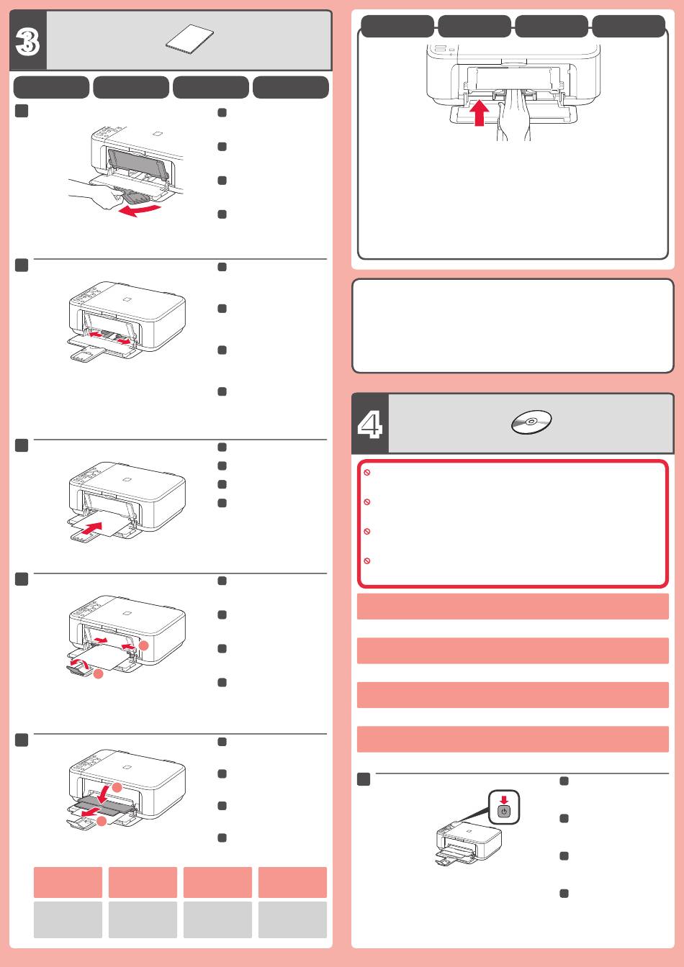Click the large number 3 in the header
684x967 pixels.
[x=27, y=42]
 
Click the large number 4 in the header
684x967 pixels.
[x=370, y=424]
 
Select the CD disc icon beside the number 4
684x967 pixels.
[x=531, y=422]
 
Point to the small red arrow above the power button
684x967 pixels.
[x=504, y=800]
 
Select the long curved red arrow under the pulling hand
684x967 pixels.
[x=139, y=210]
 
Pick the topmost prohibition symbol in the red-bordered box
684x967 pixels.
[x=367, y=473]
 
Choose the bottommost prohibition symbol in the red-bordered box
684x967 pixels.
[x=367, y=560]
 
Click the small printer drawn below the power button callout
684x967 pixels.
[x=469, y=843]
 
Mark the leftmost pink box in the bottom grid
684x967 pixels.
[x=68, y=882]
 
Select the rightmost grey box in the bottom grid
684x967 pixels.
[x=292, y=920]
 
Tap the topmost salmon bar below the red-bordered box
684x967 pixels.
[x=513, y=606]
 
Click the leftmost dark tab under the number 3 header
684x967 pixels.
[x=51, y=87]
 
